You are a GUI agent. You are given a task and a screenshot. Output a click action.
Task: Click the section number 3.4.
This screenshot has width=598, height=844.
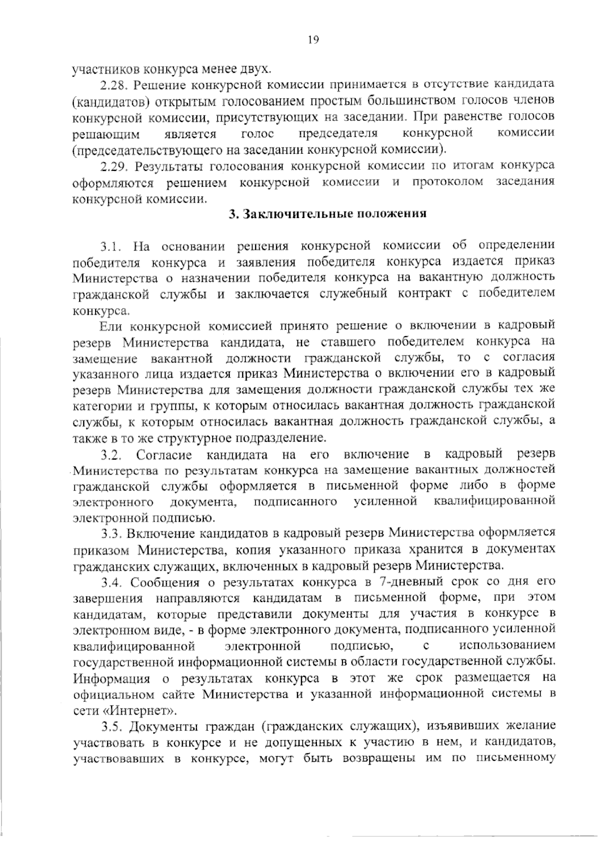coord(112,582)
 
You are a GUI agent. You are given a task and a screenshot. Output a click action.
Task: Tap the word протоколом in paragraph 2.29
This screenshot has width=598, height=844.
coord(448,182)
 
